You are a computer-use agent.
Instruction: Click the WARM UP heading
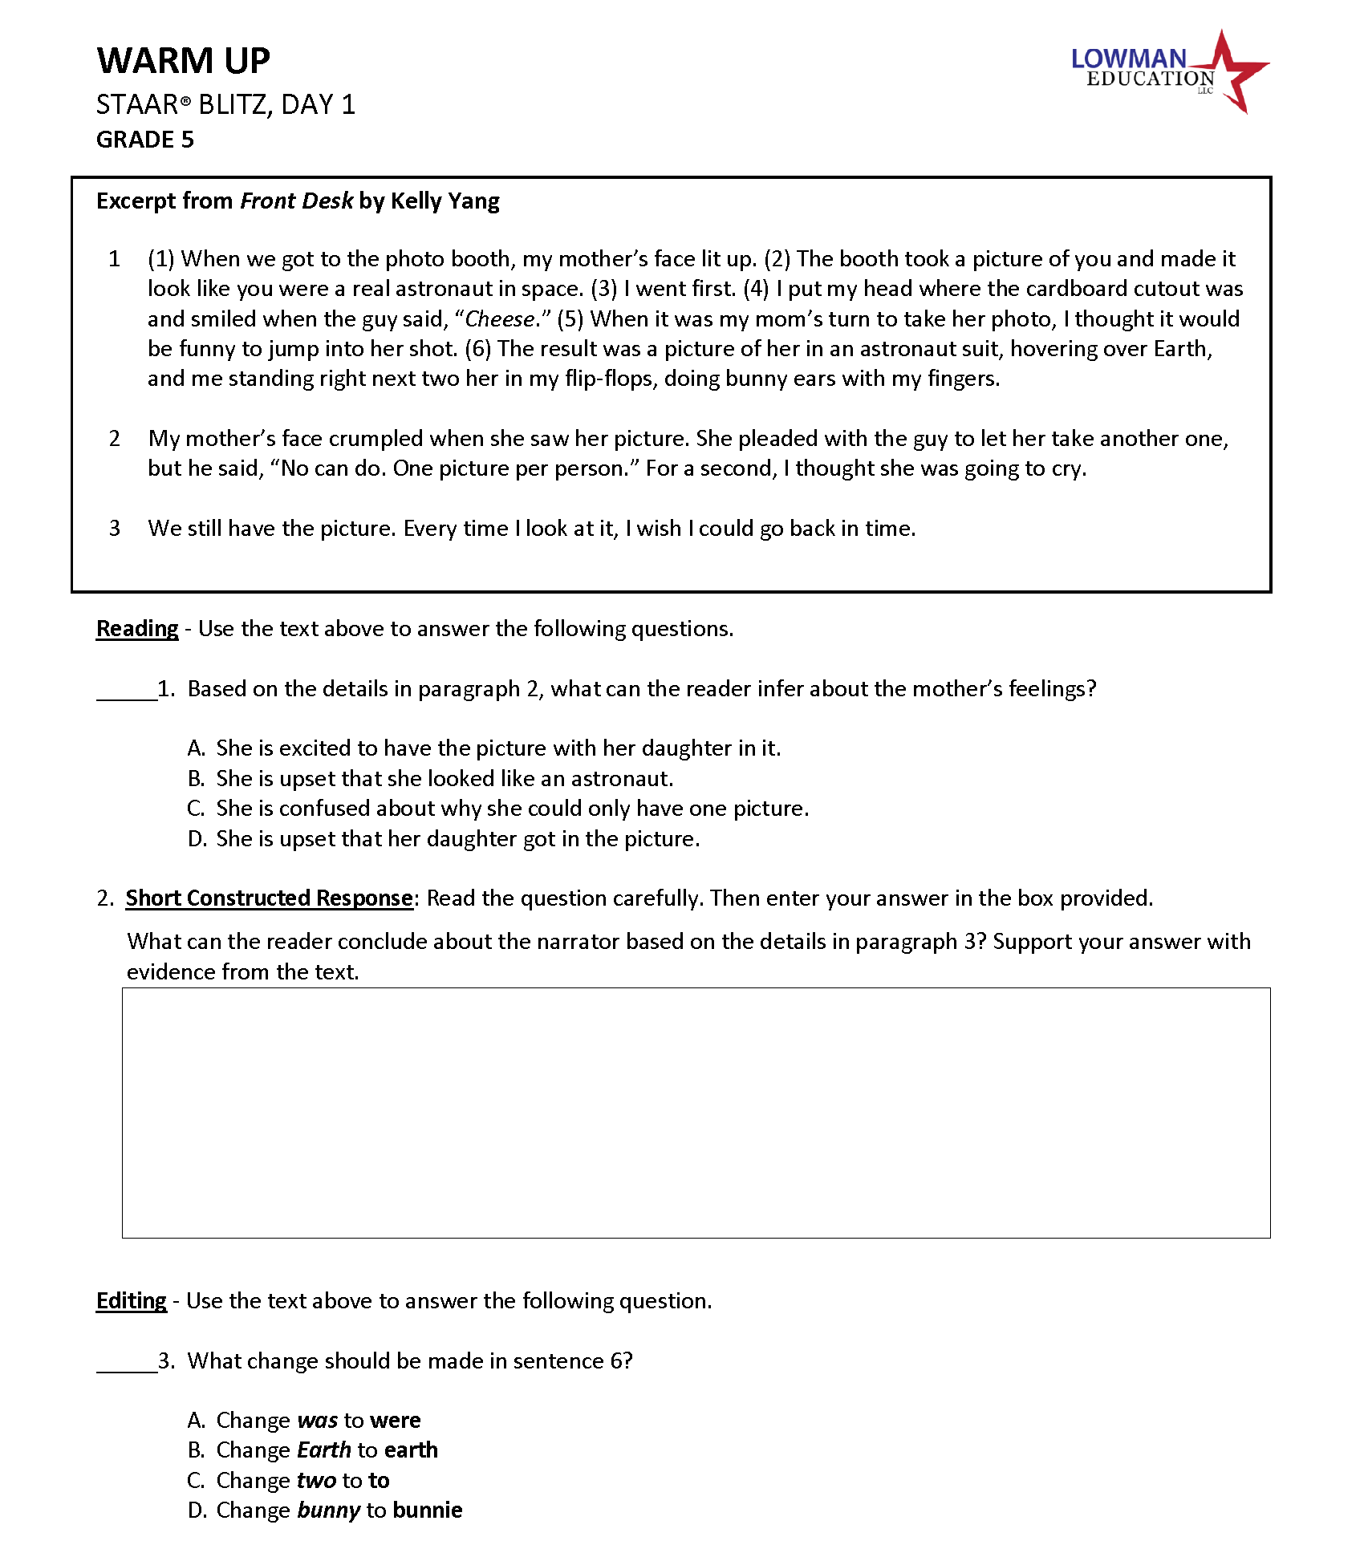click(x=183, y=61)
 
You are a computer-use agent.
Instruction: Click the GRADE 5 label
click(x=145, y=140)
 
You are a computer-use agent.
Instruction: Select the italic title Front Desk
click(x=296, y=201)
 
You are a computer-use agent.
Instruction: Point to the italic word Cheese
click(x=499, y=319)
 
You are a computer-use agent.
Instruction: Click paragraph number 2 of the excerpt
click(x=115, y=439)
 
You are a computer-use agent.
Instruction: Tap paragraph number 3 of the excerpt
click(x=115, y=529)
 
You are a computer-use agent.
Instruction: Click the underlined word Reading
click(x=137, y=629)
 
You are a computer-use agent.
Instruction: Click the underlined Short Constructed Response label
click(x=269, y=898)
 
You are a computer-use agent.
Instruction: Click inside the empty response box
click(x=696, y=1113)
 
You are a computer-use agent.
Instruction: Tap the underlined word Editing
click(x=132, y=1301)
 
